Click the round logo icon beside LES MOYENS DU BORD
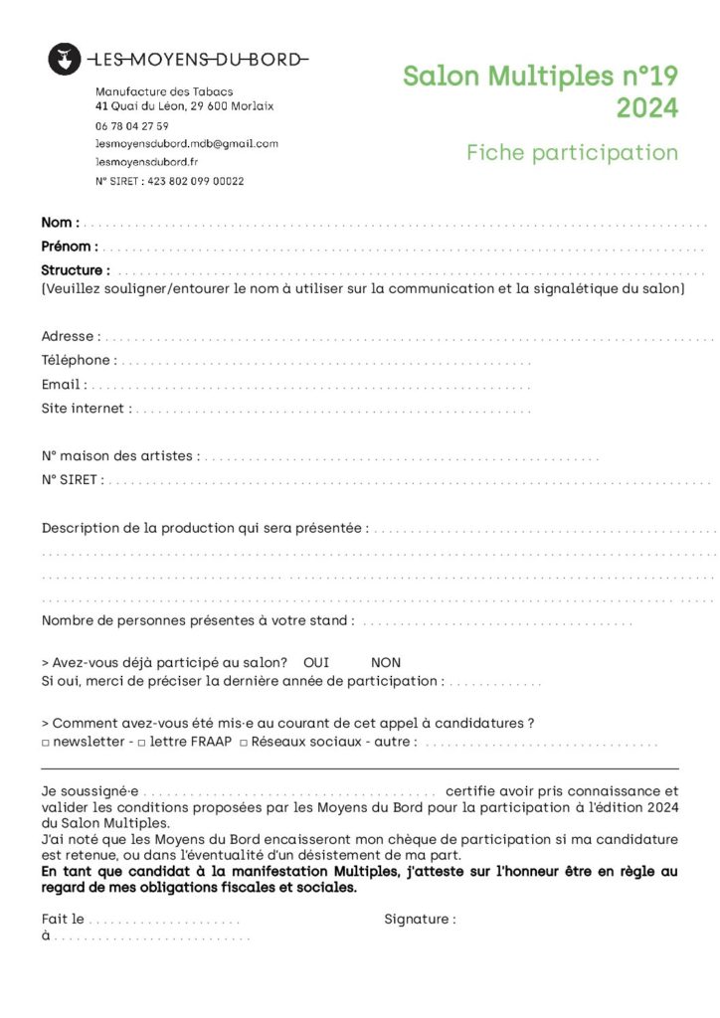[x=65, y=60]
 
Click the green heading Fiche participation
[x=572, y=152]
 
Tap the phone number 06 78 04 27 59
[x=132, y=126]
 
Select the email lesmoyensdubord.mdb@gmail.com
[x=187, y=144]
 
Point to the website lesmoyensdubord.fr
[x=147, y=162]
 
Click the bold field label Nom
[x=58, y=223]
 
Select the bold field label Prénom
[x=68, y=247]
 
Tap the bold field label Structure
[x=73, y=270]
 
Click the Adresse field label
[x=69, y=337]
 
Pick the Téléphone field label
[x=76, y=361]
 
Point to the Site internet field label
[x=84, y=409]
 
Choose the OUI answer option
[x=316, y=663]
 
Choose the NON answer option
[x=386, y=663]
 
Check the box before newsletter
[x=46, y=743]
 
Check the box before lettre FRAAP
[x=143, y=743]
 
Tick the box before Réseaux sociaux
[x=244, y=743]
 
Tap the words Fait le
[x=63, y=920]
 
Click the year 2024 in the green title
[x=646, y=107]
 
